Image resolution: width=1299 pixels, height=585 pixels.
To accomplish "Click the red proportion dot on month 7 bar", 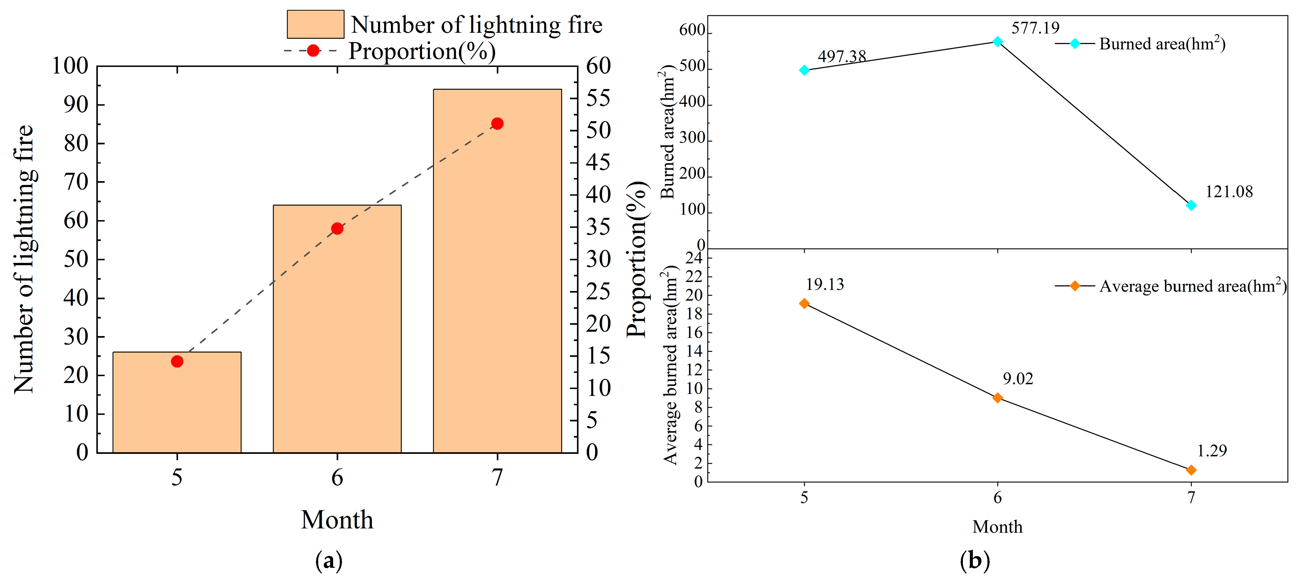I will (497, 123).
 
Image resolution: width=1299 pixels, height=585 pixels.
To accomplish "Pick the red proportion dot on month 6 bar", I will (337, 229).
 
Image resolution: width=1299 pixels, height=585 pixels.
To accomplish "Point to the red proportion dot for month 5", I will (177, 361).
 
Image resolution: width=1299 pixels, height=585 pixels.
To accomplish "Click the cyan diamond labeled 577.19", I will (997, 41).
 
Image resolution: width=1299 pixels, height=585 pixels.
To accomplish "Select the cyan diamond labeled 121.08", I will (1191, 205).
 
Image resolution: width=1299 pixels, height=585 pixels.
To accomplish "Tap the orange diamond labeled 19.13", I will (804, 303).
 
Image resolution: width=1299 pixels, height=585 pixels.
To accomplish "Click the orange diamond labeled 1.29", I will (1191, 469).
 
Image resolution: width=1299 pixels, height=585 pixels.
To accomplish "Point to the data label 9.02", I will (1018, 378).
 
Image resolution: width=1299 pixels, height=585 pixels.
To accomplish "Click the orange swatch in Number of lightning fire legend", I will (315, 24).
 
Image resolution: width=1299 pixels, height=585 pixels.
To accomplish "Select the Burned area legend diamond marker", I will (1075, 44).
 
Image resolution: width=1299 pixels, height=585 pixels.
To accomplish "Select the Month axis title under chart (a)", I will (337, 519).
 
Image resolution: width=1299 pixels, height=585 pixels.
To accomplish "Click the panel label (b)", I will (975, 560).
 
